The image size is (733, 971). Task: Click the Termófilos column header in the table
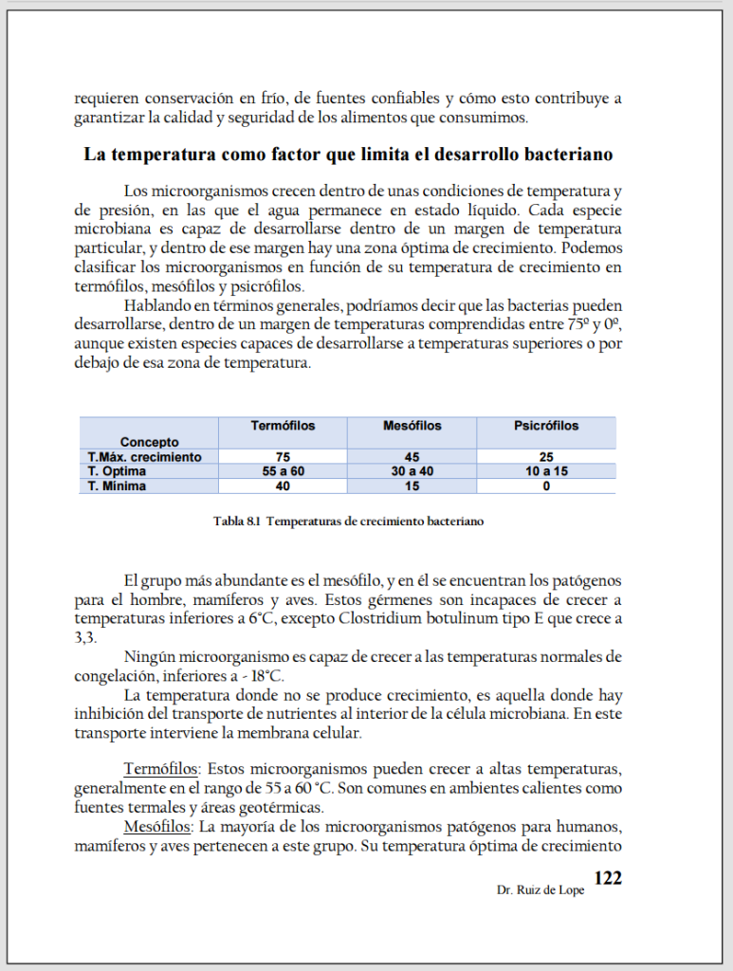coord(283,426)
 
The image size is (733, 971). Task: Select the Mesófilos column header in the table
coord(412,426)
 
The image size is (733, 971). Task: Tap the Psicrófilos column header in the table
coord(546,426)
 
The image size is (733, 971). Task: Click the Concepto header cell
coord(149,442)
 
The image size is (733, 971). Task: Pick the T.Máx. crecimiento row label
coord(145,457)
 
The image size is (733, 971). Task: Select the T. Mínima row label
coord(118,486)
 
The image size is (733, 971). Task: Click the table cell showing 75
coord(283,457)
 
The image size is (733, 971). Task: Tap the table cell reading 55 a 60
coord(283,471)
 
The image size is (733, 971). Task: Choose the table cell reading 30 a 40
coord(412,471)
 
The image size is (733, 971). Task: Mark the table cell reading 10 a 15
coord(546,471)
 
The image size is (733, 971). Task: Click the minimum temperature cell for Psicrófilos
coord(546,486)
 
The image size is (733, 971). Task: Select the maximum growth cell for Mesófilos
coord(412,457)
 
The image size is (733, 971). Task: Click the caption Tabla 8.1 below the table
coord(350,521)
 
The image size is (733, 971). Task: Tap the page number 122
coord(607,878)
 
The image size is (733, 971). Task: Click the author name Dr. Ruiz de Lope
coord(540,891)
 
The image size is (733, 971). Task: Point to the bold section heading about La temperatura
coord(348,155)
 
